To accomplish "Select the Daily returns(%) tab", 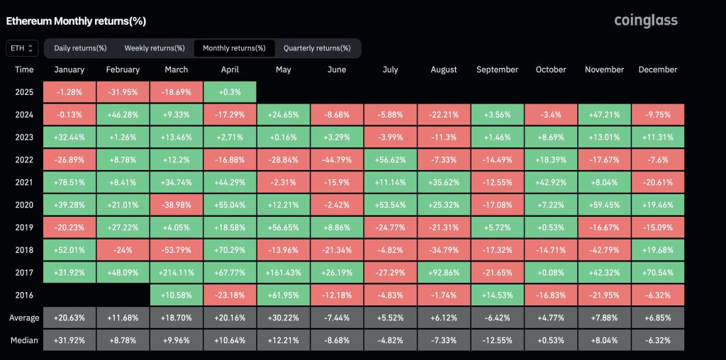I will [80, 48].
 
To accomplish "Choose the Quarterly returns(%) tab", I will [317, 48].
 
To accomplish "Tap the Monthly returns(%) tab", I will [234, 48].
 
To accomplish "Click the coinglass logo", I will [645, 21].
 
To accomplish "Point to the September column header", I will [497, 69].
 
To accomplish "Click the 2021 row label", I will [24, 182].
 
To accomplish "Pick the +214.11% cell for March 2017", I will [176, 271].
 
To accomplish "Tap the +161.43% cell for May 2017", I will [283, 271].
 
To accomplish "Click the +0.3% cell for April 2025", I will [230, 92].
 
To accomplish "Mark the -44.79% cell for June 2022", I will [337, 159].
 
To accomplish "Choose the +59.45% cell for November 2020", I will [604, 204].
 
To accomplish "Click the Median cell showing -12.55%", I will [497, 339].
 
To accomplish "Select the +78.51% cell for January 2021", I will [69, 182].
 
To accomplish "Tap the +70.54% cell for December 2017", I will [657, 271].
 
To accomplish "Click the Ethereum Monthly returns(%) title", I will [76, 21].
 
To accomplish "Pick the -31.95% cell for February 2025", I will [123, 92].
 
